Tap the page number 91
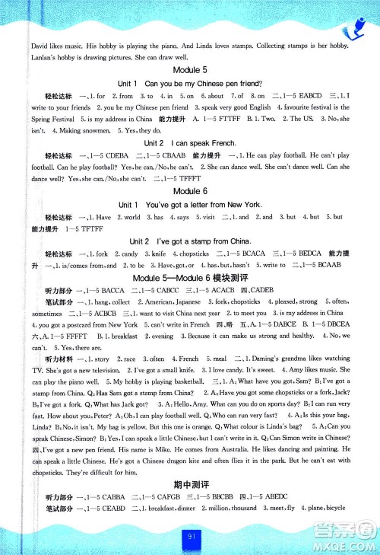click(x=190, y=543)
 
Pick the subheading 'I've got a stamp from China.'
click(x=189, y=241)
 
